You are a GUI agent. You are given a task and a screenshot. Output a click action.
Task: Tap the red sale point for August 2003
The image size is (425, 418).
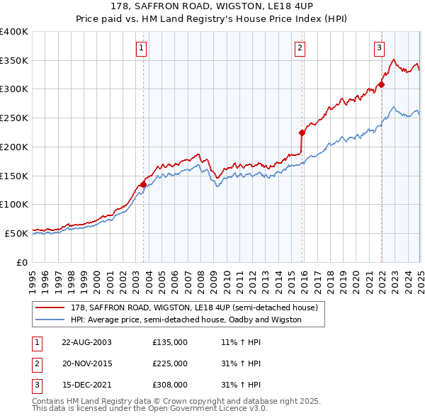(144, 184)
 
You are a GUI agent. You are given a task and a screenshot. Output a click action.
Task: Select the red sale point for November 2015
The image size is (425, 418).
(302, 132)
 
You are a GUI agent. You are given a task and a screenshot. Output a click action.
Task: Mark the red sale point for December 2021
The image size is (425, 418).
(381, 84)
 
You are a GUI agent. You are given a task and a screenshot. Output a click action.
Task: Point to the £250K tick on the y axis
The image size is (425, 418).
(14, 118)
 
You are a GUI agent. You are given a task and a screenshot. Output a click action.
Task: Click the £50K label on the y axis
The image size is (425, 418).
(16, 233)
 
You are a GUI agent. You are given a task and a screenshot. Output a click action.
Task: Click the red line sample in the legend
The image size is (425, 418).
(51, 307)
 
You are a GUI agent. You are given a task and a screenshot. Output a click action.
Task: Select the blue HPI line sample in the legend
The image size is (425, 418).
(51, 320)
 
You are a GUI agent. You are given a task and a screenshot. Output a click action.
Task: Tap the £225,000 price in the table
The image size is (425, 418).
(170, 363)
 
